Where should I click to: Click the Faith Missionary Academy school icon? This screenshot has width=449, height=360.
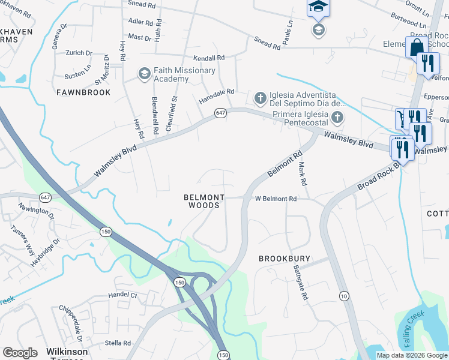[144, 74]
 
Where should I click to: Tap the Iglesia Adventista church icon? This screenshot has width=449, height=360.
[260, 97]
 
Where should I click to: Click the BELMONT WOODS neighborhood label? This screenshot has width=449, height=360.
[204, 202]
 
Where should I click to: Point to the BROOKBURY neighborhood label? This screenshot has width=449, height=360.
[285, 259]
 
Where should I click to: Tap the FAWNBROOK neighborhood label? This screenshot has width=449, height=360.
[83, 92]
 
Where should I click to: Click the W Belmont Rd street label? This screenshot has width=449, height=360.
[276, 199]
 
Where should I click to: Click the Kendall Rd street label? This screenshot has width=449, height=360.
[208, 58]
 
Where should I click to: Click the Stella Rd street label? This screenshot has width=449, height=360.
[118, 343]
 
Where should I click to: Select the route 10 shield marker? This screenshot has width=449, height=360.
[343, 296]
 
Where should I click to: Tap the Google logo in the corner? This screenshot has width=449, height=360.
[20, 353]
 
